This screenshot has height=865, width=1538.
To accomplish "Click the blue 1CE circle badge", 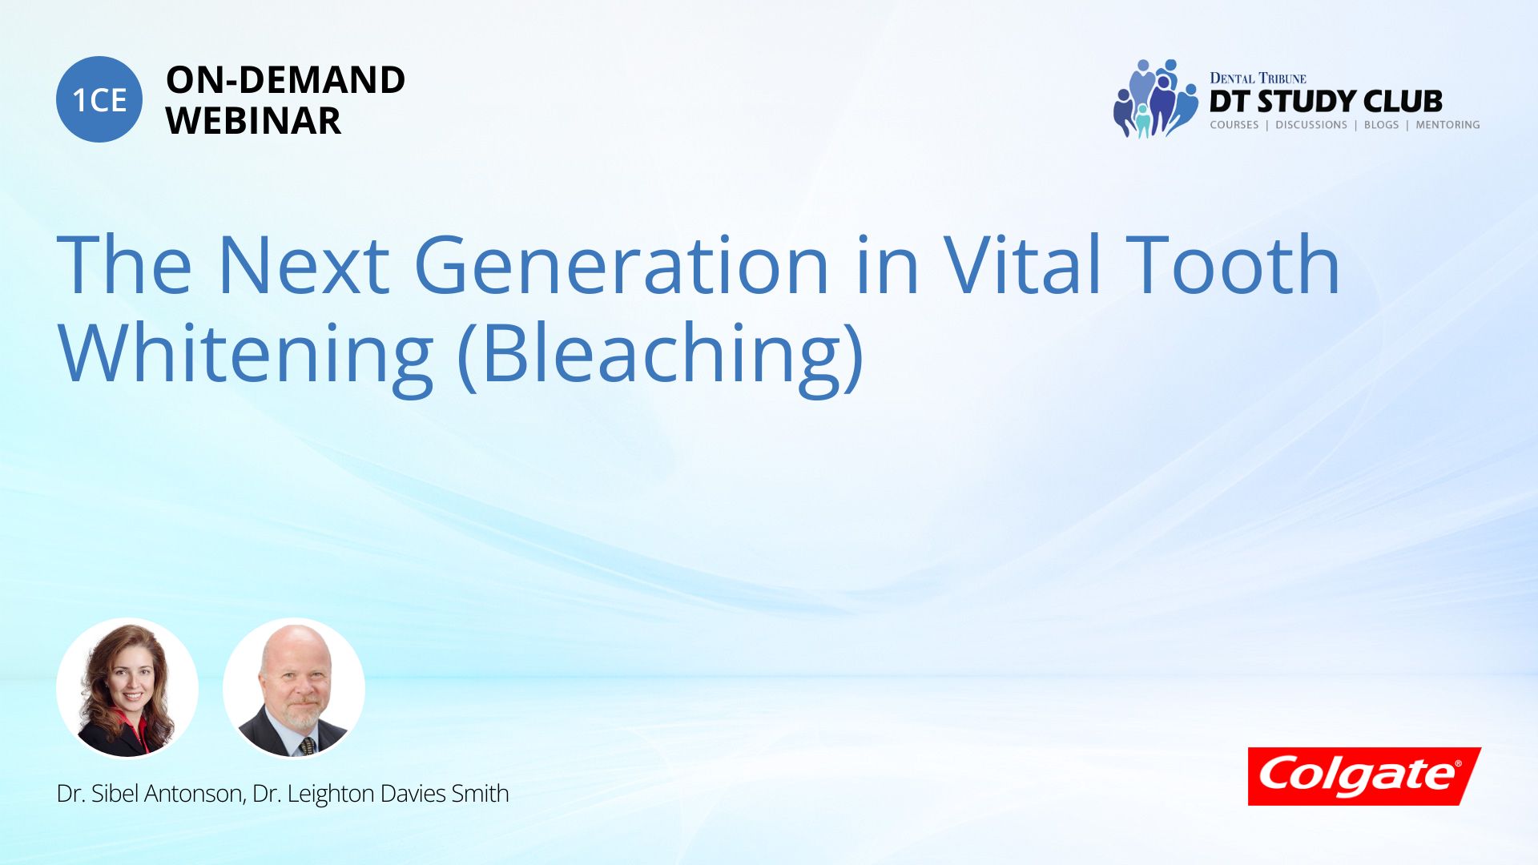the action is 99,99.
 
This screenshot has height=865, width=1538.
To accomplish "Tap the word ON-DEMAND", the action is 285,80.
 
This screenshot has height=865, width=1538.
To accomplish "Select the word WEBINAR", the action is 253,121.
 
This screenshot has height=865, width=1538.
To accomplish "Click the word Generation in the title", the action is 622,264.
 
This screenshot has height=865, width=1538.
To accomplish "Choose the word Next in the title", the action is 304,264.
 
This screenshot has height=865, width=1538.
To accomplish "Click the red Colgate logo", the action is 1364,776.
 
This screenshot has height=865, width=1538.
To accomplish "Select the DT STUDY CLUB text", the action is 1326,102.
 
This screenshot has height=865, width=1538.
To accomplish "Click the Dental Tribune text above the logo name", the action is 1258,78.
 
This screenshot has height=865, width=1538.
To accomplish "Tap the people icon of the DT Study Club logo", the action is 1155,98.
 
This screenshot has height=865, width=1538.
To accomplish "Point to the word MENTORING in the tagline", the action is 1447,125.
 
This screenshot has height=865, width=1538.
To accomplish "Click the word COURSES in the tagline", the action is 1234,125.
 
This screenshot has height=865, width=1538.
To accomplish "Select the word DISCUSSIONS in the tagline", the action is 1311,125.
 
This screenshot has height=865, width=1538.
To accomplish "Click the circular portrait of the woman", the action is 127,688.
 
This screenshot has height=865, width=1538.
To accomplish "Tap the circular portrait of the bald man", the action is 294,688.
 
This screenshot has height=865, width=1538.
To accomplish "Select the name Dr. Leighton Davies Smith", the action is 380,794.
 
